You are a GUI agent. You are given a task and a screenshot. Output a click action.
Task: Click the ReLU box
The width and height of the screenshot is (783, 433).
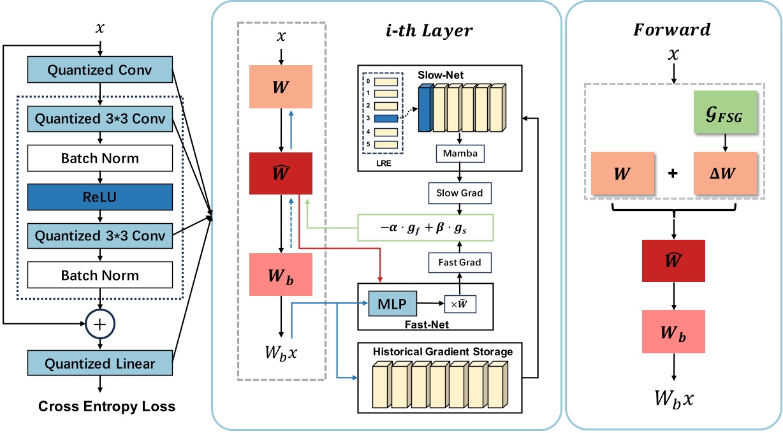click(100, 197)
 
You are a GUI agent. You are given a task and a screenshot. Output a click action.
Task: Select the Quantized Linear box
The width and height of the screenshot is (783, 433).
click(100, 363)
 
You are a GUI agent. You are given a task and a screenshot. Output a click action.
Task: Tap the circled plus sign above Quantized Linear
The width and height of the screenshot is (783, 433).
click(99, 324)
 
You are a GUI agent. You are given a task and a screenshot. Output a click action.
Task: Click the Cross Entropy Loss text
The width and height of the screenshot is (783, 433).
click(106, 406)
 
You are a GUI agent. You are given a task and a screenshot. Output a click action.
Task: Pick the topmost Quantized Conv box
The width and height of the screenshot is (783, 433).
click(100, 70)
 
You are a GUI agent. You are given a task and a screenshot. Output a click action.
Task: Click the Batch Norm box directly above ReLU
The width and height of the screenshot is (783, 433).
click(100, 158)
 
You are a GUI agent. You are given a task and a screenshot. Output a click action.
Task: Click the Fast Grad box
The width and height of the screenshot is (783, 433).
click(458, 262)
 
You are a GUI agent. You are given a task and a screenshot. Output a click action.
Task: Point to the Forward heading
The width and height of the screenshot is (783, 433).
click(673, 29)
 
